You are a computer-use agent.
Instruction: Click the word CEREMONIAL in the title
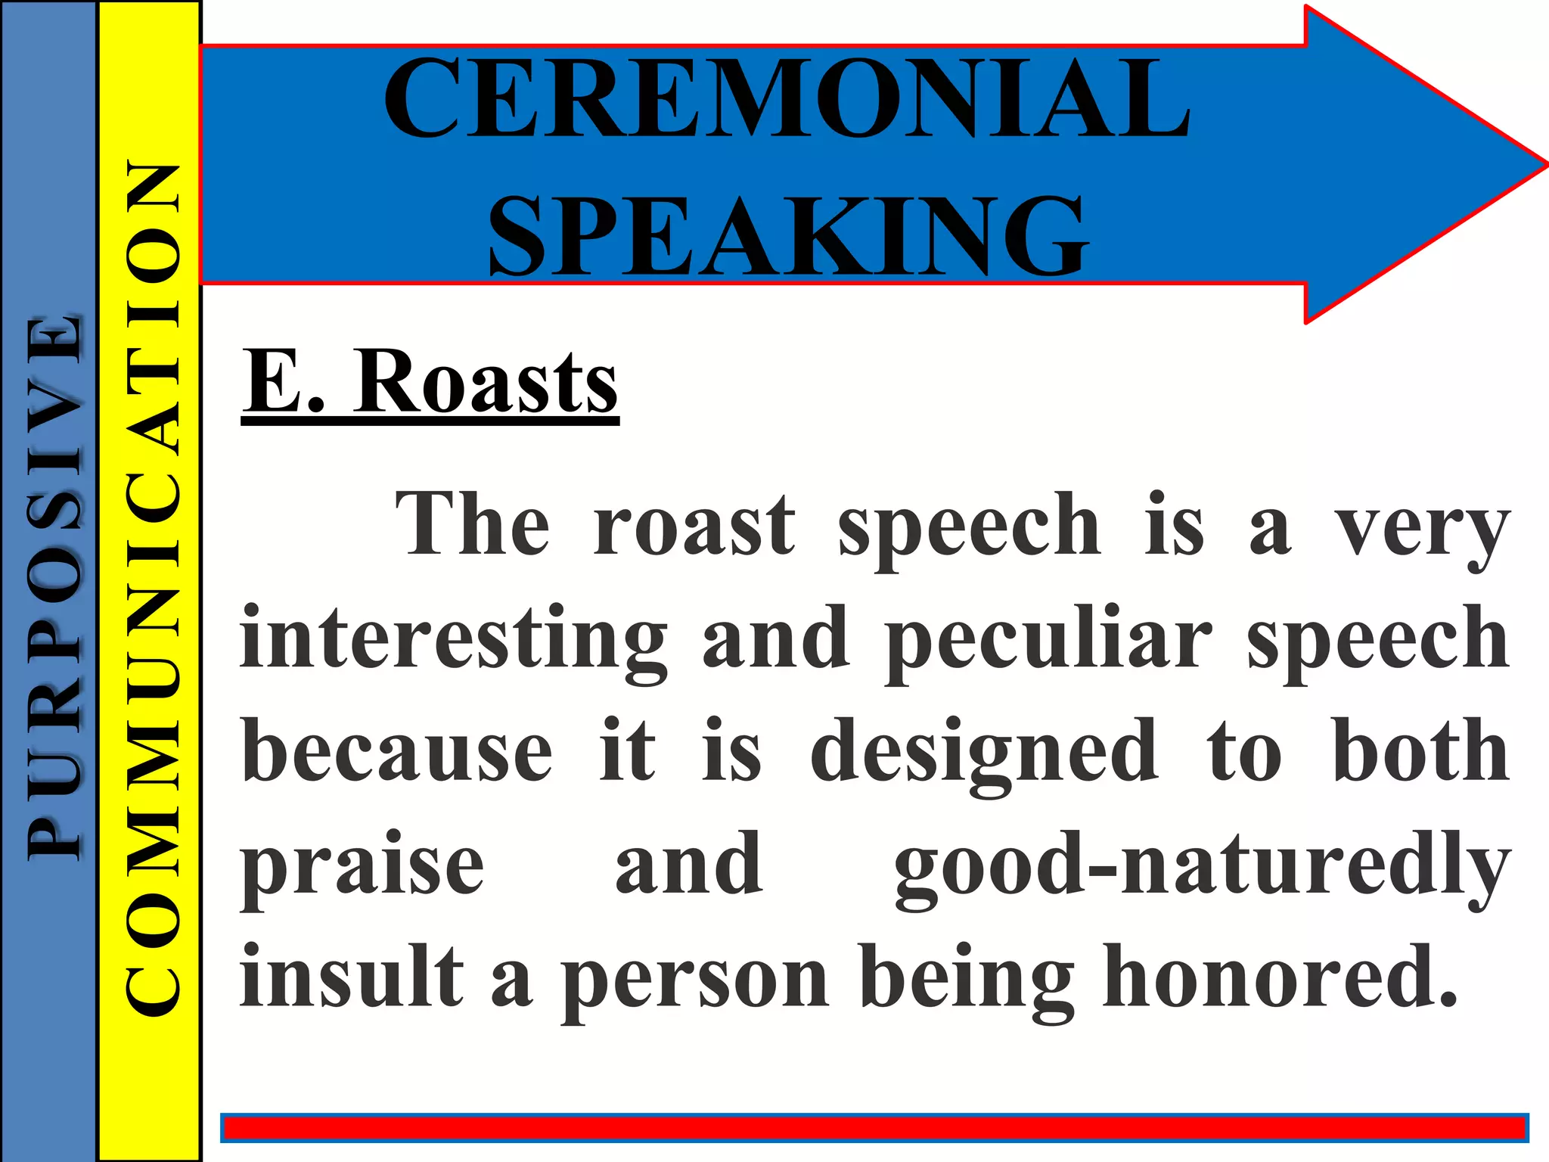pyautogui.click(x=787, y=98)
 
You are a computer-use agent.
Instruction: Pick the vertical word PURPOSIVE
pyautogui.click(x=53, y=586)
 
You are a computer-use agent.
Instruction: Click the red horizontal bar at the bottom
pyautogui.click(x=874, y=1129)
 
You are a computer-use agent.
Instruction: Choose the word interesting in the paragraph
pyautogui.click(x=454, y=639)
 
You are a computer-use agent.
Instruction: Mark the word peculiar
pyautogui.click(x=1049, y=639)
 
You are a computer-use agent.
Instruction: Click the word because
pyautogui.click(x=397, y=753)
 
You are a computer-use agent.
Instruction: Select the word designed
pyautogui.click(x=984, y=753)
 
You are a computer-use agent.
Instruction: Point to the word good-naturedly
pyautogui.click(x=1202, y=866)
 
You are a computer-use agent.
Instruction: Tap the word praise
pyautogui.click(x=362, y=866)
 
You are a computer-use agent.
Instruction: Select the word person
pyautogui.click(x=695, y=980)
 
